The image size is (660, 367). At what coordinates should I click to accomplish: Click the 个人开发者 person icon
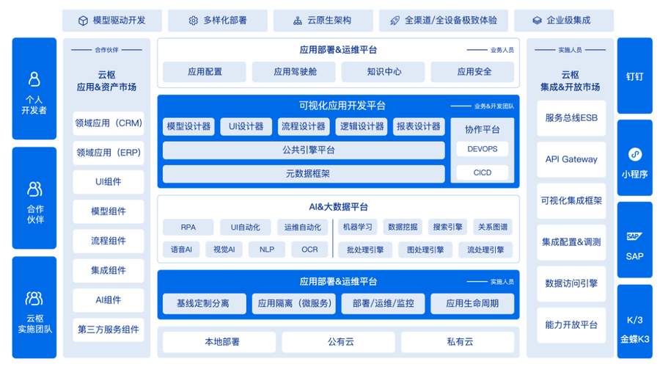pos(33,78)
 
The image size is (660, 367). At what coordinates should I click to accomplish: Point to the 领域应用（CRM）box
pos(109,123)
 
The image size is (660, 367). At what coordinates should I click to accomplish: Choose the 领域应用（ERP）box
pos(109,153)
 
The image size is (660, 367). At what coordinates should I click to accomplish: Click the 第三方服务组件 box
pos(109,330)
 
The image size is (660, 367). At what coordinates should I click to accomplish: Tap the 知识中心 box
pos(384,72)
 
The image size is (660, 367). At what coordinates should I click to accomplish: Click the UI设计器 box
pos(246,126)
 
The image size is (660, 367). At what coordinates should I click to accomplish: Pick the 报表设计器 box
pos(418,126)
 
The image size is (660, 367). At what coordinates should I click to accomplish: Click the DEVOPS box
pos(482,149)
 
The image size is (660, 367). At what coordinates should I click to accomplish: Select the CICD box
pos(482,173)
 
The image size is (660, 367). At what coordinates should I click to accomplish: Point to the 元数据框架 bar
pos(303,174)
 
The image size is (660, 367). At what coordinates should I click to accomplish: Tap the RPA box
pos(188,228)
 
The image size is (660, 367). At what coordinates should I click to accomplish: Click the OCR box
pos(309,250)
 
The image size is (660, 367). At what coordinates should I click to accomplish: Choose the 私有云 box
pos(458,341)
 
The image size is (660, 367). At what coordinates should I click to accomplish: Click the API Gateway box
pos(571,159)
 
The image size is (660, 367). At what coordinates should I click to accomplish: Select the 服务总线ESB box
pos(571,118)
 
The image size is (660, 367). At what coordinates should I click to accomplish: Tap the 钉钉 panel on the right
pos(635,75)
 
